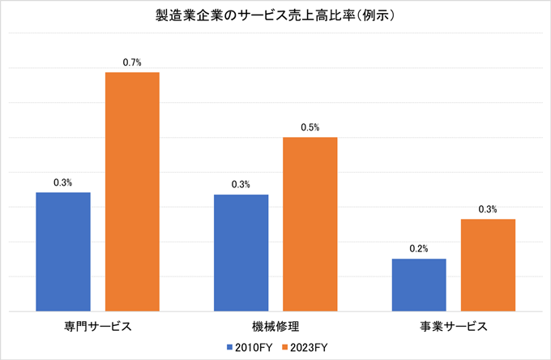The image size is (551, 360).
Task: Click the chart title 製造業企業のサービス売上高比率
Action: tap(275, 16)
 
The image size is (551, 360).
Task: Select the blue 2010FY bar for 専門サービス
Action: tap(63, 251)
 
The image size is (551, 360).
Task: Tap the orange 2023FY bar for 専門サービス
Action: tap(132, 191)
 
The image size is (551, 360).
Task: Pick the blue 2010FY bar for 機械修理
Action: tap(241, 252)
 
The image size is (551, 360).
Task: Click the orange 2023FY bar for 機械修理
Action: tap(310, 224)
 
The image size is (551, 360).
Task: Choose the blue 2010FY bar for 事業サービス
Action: tap(419, 285)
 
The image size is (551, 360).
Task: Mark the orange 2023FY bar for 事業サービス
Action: tap(488, 264)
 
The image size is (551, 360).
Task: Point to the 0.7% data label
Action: tap(132, 62)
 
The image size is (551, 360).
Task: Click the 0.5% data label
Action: tap(310, 127)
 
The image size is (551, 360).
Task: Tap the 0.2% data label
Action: tap(419, 248)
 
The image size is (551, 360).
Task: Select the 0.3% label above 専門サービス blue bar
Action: tap(63, 182)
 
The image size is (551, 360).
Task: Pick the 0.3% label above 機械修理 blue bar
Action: tap(241, 184)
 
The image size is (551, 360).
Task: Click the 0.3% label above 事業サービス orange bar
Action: tap(488, 209)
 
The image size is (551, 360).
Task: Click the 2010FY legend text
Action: tap(254, 347)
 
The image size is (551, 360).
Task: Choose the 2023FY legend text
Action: tap(309, 347)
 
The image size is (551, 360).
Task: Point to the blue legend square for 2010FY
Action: tap(230, 347)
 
